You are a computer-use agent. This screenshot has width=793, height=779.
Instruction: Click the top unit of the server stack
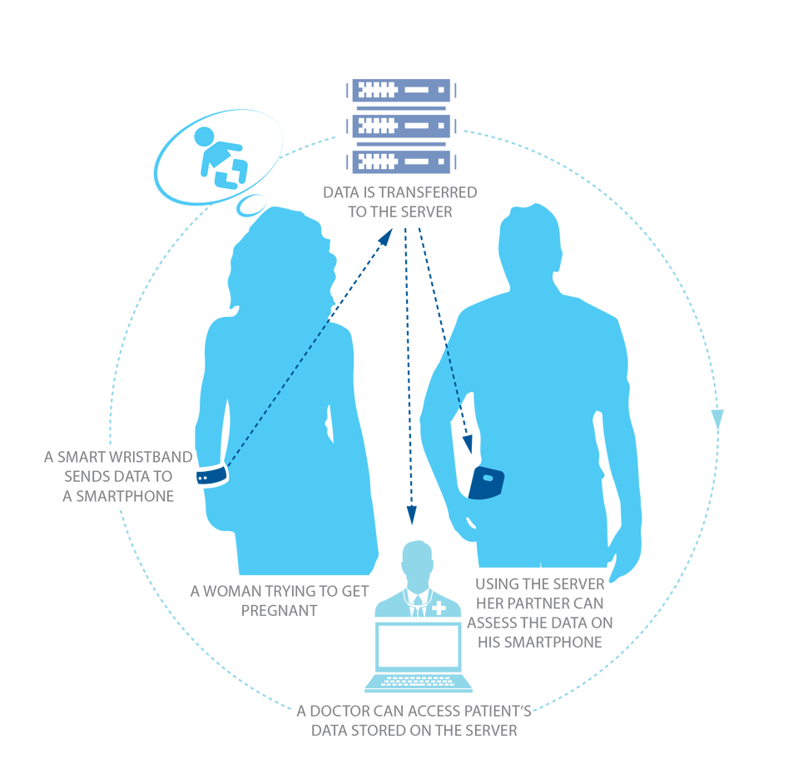tap(401, 91)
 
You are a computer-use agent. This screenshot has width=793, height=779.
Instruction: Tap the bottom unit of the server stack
tap(401, 161)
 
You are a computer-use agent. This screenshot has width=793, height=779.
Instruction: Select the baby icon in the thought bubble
tap(221, 157)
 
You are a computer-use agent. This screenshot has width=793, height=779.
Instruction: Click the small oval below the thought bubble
tap(250, 205)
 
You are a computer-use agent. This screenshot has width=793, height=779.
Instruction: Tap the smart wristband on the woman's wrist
tap(212, 475)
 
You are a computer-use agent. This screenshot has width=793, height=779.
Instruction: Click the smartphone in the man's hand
tap(487, 483)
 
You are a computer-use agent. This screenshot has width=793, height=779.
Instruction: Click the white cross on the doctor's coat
tap(439, 608)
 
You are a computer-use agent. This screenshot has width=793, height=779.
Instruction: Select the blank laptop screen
tap(419, 647)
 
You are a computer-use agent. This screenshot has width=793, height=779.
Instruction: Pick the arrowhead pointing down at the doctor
tap(412, 514)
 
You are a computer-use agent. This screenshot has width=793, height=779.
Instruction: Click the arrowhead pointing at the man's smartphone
tap(468, 444)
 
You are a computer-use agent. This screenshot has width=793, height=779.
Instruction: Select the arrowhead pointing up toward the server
tap(386, 237)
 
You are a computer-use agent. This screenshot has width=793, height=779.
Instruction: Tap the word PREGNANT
tap(279, 611)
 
